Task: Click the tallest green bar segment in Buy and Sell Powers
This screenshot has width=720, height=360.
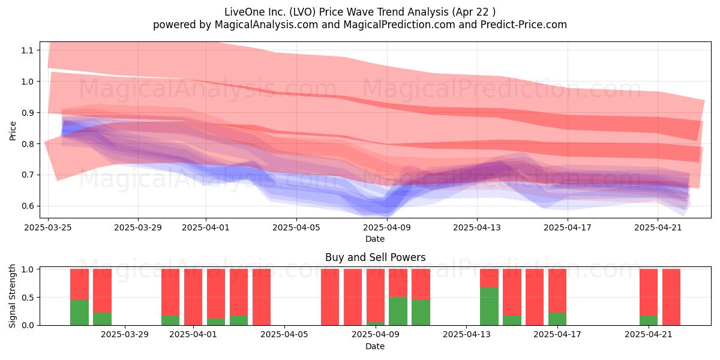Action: [x=489, y=307]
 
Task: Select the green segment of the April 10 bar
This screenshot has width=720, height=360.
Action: [x=398, y=311]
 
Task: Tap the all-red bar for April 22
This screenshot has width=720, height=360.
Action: [x=671, y=297]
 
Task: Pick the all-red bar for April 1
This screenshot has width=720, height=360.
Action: [x=193, y=297]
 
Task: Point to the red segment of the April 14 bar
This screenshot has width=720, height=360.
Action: [x=489, y=278]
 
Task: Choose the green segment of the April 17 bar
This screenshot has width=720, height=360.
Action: [x=557, y=319]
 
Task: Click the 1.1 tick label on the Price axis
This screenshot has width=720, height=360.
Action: [x=27, y=50]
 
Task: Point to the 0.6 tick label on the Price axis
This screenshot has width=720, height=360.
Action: [x=27, y=206]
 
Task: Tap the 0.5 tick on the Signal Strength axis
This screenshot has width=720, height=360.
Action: [x=27, y=298]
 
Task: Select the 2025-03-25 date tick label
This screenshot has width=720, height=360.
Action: [x=48, y=227]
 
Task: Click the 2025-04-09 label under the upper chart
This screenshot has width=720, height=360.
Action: [x=387, y=227]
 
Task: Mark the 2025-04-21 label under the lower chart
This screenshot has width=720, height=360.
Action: [x=649, y=334]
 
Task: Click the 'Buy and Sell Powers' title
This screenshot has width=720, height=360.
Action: [x=375, y=257]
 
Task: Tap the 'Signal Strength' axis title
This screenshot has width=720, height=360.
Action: [x=12, y=296]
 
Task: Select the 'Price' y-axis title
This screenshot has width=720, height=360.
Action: [x=13, y=131]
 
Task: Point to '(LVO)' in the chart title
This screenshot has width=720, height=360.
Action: [x=302, y=12]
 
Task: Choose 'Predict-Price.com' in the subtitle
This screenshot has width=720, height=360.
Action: [x=524, y=25]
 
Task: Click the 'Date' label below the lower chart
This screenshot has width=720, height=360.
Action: [x=375, y=346]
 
